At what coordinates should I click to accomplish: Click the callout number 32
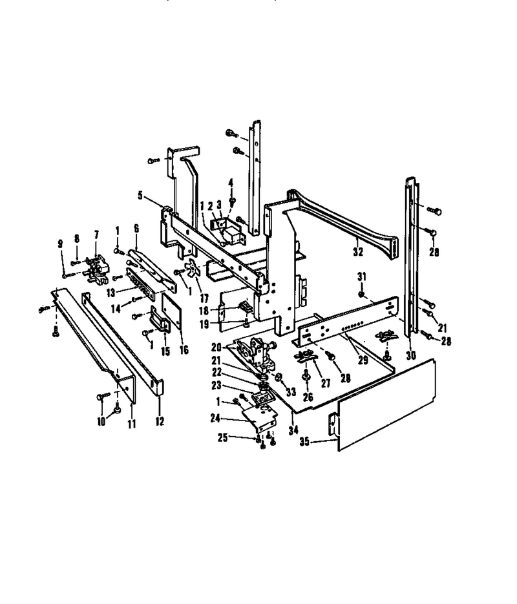click(x=358, y=252)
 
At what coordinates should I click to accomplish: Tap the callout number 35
click(x=304, y=441)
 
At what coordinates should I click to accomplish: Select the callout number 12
click(x=160, y=421)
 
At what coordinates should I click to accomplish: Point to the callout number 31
click(x=361, y=276)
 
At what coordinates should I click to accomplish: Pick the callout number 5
click(x=140, y=195)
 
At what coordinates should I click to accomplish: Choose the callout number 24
click(x=215, y=417)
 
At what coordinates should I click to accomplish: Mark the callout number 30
click(x=411, y=355)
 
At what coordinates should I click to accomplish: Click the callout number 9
click(x=60, y=244)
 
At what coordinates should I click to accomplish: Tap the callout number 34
click(x=293, y=430)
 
